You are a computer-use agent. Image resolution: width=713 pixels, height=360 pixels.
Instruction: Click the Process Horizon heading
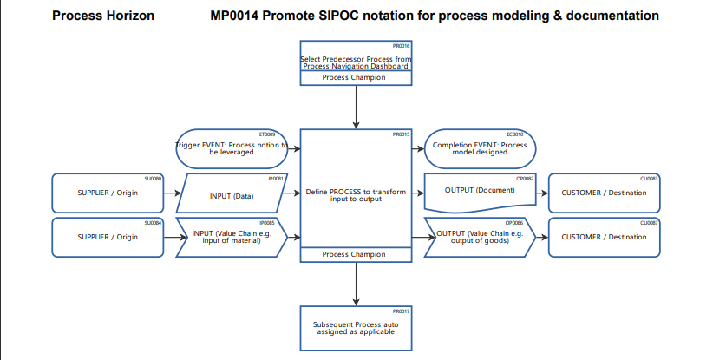(103, 16)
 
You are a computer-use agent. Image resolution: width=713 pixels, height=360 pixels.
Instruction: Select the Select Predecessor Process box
(355, 58)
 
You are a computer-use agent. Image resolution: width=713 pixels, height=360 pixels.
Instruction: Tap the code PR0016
(401, 45)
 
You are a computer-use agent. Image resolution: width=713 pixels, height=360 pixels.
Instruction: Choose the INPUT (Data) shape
(232, 194)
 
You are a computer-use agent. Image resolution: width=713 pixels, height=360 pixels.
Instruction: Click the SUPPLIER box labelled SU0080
(108, 193)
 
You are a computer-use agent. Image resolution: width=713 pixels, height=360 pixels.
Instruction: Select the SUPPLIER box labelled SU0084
(108, 238)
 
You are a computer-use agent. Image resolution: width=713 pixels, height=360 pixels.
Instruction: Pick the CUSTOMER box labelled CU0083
(604, 193)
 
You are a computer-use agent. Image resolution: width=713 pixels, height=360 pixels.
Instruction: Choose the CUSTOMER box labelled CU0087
(604, 238)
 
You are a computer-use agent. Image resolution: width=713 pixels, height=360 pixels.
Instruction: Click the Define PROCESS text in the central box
(355, 194)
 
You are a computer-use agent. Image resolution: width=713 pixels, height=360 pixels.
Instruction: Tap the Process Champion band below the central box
(355, 255)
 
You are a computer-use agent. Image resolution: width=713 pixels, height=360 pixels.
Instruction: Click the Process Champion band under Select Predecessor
(355, 78)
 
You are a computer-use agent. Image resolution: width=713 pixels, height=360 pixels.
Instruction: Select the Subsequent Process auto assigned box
(355, 328)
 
